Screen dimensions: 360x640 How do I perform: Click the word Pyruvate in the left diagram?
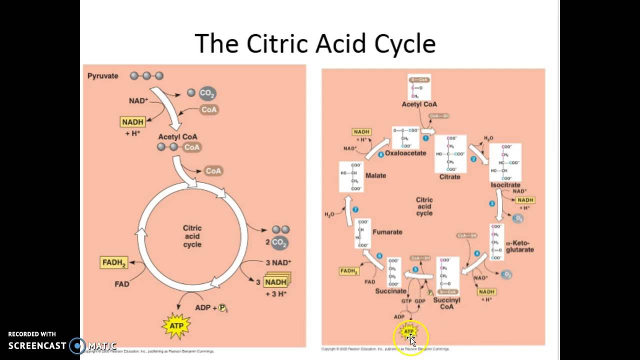click(x=103, y=76)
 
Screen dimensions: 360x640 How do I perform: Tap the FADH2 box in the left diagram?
click(x=114, y=262)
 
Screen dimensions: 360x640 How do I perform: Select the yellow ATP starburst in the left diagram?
click(x=176, y=325)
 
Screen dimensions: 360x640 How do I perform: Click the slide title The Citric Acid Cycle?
click(x=315, y=43)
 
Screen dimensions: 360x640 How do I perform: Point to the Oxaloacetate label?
click(x=405, y=153)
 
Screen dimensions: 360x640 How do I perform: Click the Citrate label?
click(x=449, y=176)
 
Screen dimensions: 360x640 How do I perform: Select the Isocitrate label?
click(x=505, y=185)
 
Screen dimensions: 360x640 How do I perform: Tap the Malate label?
click(x=375, y=175)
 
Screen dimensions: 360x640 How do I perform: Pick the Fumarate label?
click(x=387, y=232)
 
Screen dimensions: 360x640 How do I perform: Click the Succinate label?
click(x=391, y=291)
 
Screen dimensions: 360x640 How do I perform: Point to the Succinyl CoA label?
click(x=446, y=303)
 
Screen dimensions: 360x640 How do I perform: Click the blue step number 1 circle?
click(x=426, y=138)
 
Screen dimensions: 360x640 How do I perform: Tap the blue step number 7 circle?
click(x=355, y=209)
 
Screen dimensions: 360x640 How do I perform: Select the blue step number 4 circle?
click(x=477, y=253)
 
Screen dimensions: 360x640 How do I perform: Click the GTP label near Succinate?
click(x=406, y=301)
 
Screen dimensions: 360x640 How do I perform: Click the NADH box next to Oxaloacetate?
click(x=361, y=132)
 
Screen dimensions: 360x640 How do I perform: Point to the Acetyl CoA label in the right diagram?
click(x=419, y=104)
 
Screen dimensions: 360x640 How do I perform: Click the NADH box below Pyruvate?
click(x=132, y=122)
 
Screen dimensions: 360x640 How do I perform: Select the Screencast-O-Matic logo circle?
click(x=77, y=345)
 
